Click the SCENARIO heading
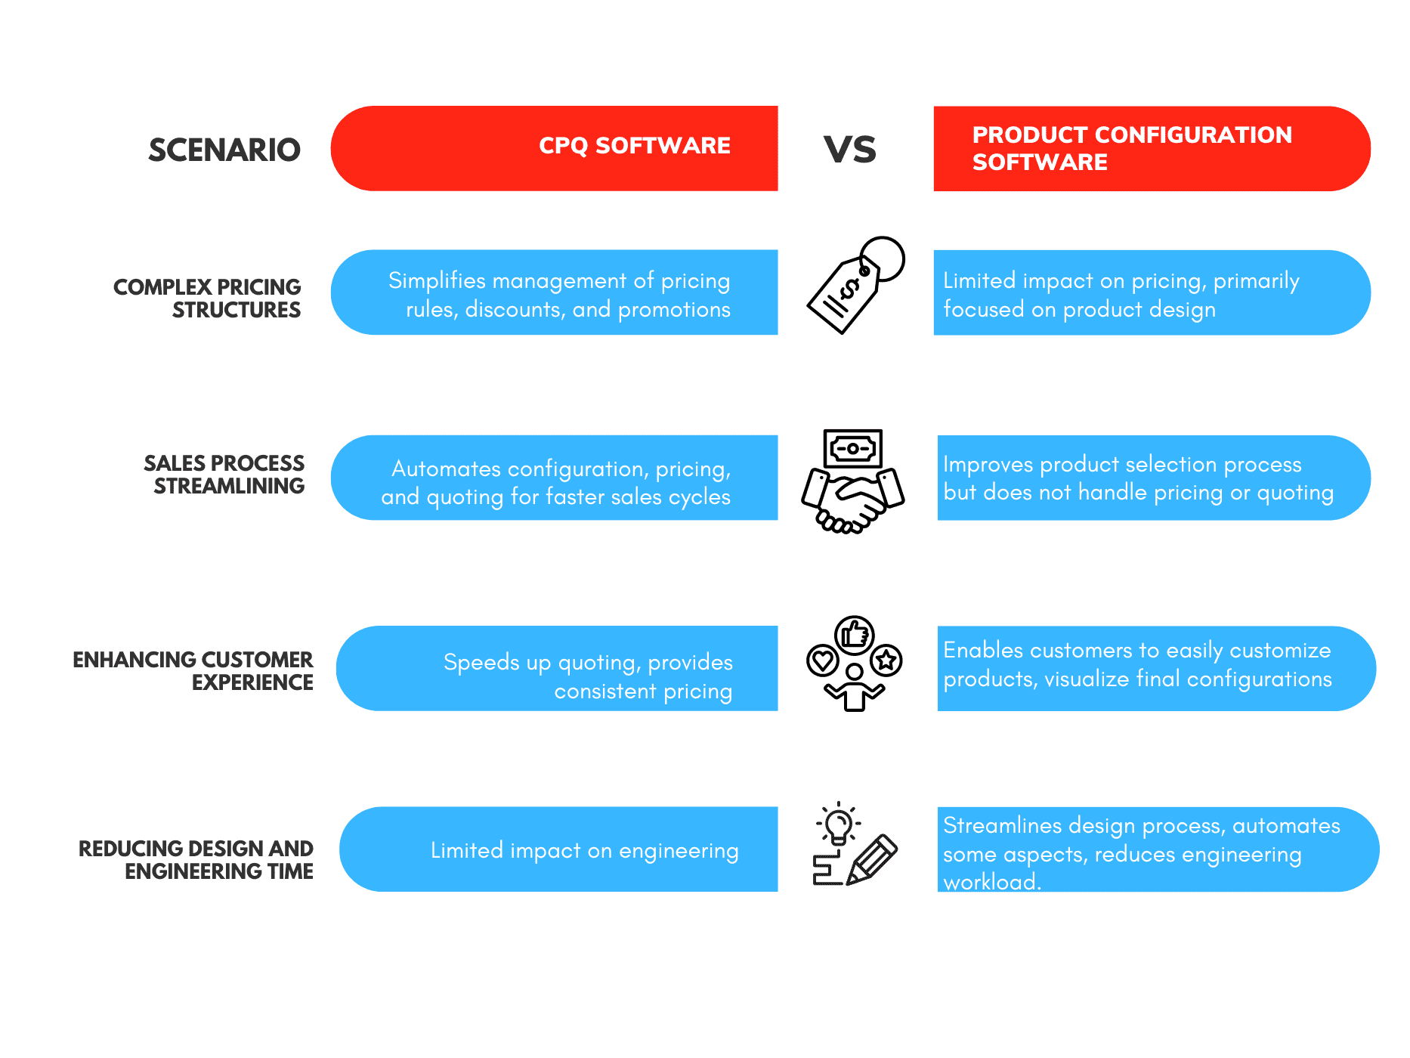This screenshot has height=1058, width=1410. coord(224,150)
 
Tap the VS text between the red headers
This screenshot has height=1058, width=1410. coord(850,150)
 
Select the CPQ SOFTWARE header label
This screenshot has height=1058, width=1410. coord(634,145)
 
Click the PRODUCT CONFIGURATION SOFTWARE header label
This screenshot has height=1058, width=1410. coord(1131,148)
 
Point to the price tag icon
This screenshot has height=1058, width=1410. coord(854,286)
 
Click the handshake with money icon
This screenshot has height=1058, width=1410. coord(853,481)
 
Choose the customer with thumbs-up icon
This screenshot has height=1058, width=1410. coord(854,664)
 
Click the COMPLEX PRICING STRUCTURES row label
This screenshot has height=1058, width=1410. coord(207,299)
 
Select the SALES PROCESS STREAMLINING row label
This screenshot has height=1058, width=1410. coord(224,475)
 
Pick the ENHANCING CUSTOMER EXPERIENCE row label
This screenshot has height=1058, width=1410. coord(193,671)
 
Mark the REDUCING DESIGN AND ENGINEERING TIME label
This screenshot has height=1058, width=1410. coord(196,860)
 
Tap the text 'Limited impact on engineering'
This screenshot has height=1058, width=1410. coord(584,851)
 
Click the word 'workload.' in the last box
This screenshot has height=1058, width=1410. coord(991,882)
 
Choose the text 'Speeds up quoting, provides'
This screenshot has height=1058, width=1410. coord(588,663)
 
